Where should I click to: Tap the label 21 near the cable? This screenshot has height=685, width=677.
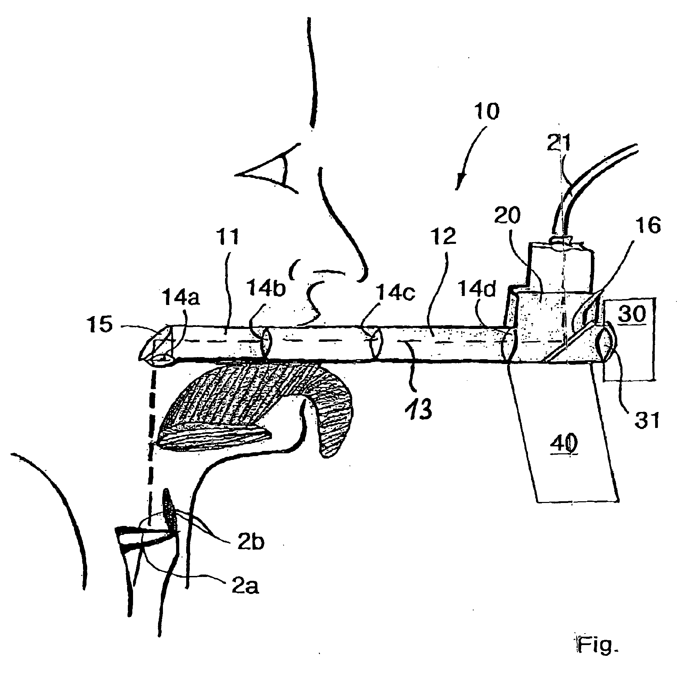click(x=559, y=143)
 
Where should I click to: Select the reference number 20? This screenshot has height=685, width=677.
click(x=507, y=216)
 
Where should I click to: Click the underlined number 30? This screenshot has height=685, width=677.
click(x=632, y=314)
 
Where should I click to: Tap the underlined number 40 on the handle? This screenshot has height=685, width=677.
click(x=564, y=443)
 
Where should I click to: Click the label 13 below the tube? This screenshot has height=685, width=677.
click(x=419, y=409)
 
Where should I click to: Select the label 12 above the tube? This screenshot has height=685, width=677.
click(x=444, y=237)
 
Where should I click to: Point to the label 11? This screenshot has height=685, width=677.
click(x=228, y=237)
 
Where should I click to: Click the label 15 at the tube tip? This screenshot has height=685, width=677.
click(x=101, y=324)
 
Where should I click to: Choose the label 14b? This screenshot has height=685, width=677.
click(x=266, y=288)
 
